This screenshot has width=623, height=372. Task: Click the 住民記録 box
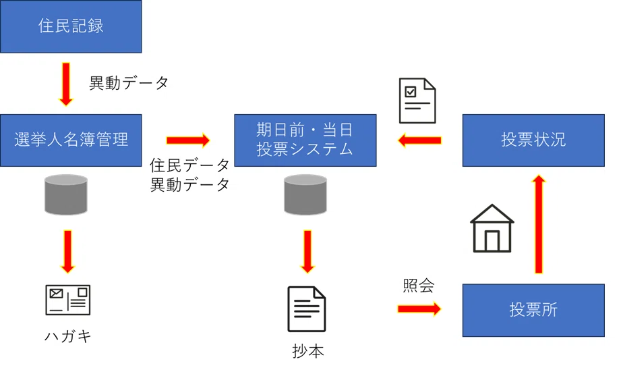click(71, 26)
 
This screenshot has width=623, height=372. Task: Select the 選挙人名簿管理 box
click(71, 140)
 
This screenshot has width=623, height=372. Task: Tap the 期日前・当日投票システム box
click(305, 140)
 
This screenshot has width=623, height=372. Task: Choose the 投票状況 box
click(533, 140)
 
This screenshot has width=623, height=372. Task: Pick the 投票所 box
click(533, 311)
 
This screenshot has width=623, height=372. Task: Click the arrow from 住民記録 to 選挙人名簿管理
click(66, 84)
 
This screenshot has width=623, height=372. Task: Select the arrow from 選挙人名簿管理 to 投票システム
click(188, 140)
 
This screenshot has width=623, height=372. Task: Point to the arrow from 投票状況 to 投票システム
click(419, 140)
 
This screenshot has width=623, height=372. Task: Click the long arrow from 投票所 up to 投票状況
click(539, 224)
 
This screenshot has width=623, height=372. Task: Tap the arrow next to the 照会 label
click(419, 309)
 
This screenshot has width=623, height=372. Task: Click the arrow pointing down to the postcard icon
click(68, 251)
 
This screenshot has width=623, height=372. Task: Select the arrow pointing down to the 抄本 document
click(307, 251)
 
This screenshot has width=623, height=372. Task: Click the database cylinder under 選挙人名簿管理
click(66, 194)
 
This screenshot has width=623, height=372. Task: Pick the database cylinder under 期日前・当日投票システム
click(305, 194)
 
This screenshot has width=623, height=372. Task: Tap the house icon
click(492, 228)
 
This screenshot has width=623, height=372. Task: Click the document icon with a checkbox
click(417, 101)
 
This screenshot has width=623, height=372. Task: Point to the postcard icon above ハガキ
click(68, 300)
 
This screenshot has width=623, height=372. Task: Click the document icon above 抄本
click(307, 309)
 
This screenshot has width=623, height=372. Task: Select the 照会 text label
click(419, 286)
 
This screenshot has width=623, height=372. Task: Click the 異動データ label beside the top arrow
click(129, 83)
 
